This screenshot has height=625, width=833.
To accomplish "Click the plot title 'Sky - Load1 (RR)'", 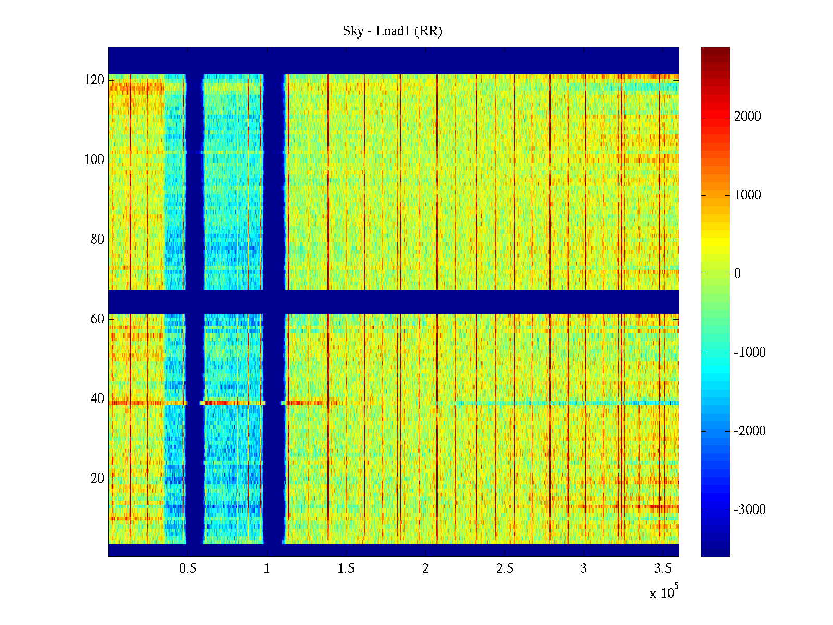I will point(393,31).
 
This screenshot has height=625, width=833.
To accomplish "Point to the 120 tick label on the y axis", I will point(94,80).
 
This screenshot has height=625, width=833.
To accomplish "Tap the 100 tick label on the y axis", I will point(94,160).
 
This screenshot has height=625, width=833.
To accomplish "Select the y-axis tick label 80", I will point(97,240).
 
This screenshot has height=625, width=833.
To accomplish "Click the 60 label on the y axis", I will point(97,319).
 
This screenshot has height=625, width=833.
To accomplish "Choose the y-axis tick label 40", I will point(97,399).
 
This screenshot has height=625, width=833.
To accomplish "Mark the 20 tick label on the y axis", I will point(97,479).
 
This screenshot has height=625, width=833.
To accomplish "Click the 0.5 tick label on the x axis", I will point(187,569).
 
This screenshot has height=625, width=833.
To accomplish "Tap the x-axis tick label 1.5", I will point(346,569).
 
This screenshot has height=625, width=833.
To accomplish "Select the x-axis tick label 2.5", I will point(504,569).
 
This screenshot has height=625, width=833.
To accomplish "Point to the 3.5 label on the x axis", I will point(663,569).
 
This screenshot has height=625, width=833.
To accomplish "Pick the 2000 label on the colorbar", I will point(748,117).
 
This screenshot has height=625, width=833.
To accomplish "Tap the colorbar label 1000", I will point(748,195).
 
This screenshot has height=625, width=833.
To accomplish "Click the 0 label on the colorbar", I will point(737,274).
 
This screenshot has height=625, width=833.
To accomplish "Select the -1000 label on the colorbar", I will point(750,353).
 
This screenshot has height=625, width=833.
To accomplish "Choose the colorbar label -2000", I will point(750,431).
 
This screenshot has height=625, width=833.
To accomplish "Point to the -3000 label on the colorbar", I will point(750,510).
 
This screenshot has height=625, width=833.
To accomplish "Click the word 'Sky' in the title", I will point(352,31).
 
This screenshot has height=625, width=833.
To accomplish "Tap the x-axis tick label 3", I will point(584,569).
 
